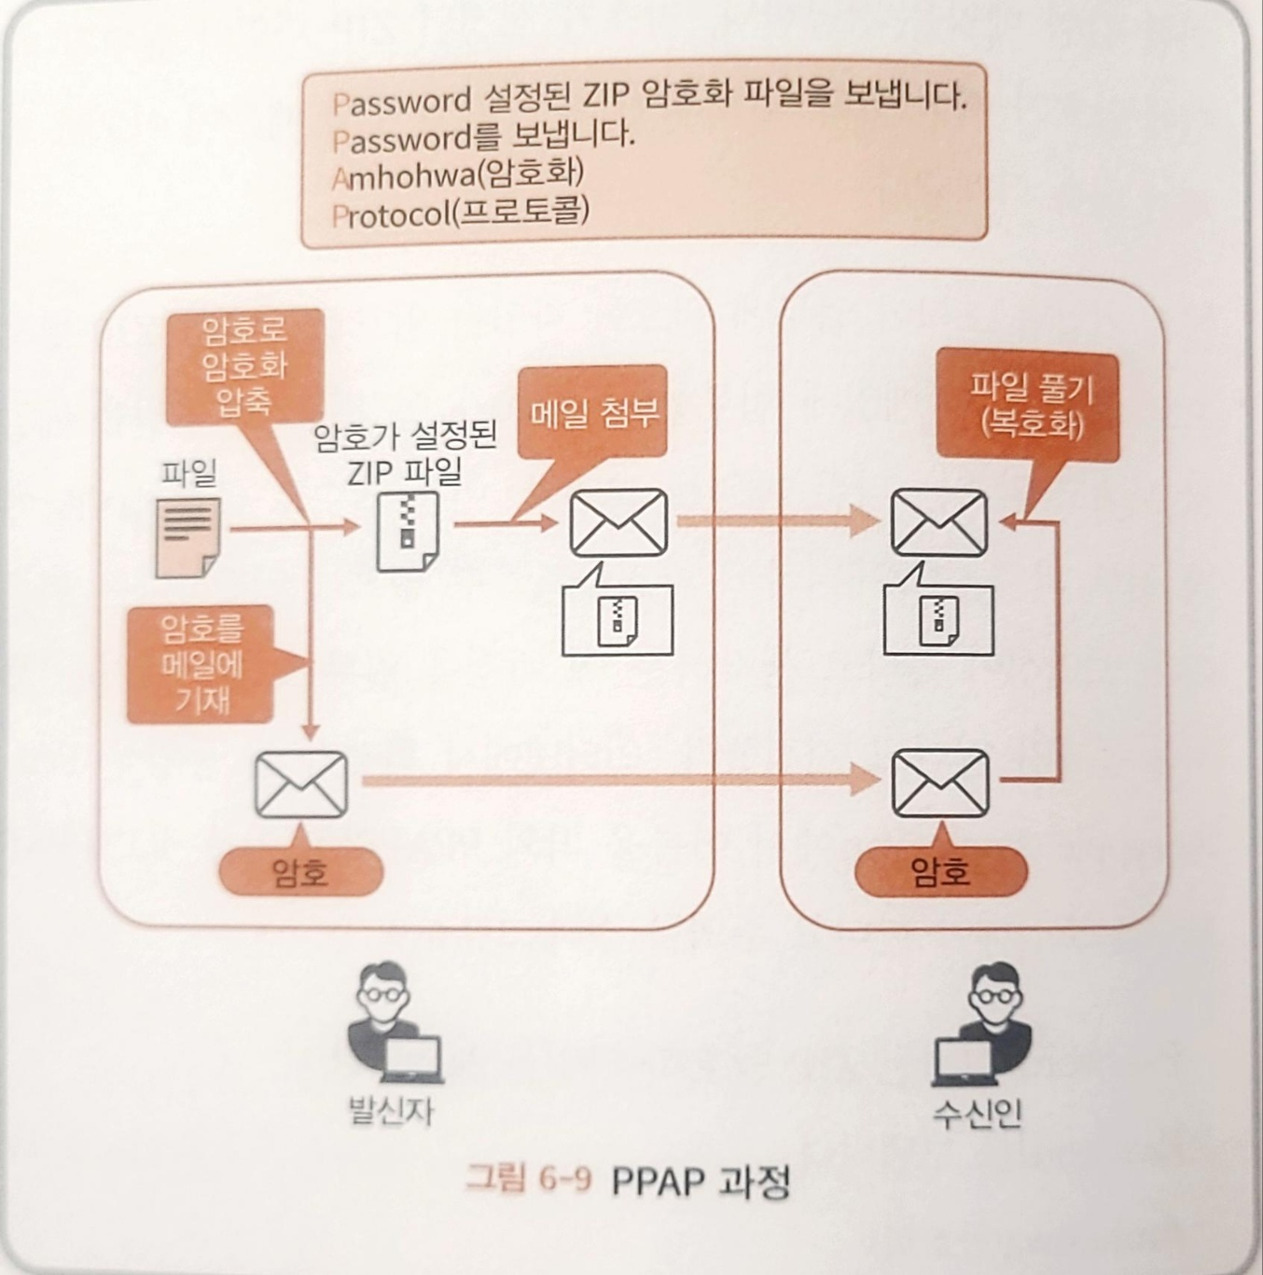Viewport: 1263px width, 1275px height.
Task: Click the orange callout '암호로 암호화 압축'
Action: click(x=244, y=366)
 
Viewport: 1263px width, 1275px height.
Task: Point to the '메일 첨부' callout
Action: click(x=593, y=413)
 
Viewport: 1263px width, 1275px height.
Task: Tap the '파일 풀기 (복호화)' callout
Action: click(x=1030, y=407)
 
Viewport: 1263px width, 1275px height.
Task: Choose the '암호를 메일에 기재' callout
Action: click(x=201, y=664)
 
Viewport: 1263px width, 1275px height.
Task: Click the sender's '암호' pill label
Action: click(x=300, y=872)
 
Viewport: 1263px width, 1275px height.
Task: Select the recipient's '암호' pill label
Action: click(x=940, y=872)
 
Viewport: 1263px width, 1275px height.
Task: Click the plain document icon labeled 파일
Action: click(x=188, y=536)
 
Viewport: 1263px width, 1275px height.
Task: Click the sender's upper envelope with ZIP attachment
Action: click(x=618, y=523)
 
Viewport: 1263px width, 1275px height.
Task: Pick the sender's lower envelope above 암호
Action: click(x=301, y=783)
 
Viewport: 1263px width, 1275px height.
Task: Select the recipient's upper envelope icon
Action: click(x=938, y=523)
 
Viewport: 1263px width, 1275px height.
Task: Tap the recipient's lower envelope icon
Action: click(x=940, y=783)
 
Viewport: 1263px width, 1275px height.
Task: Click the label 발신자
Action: click(x=391, y=1110)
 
